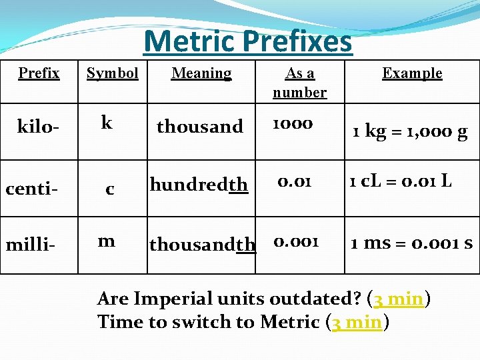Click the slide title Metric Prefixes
pyautogui.click(x=247, y=41)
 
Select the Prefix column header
pyautogui.click(x=39, y=73)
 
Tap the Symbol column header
pyautogui.click(x=112, y=73)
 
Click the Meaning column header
pyautogui.click(x=201, y=73)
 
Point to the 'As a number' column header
pyautogui.click(x=299, y=83)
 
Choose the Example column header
pyautogui.click(x=412, y=73)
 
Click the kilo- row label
pyautogui.click(x=39, y=127)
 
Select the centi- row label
pyautogui.click(x=31, y=189)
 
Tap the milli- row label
pyautogui.click(x=31, y=245)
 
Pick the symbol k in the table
pyautogui.click(x=106, y=122)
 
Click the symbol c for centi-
pyautogui.click(x=110, y=190)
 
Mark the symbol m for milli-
pyautogui.click(x=106, y=241)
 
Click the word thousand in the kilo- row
pyautogui.click(x=199, y=126)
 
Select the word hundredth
pyautogui.click(x=199, y=184)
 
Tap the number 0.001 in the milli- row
pyautogui.click(x=296, y=241)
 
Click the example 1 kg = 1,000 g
pyautogui.click(x=410, y=131)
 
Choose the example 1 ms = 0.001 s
pyautogui.click(x=411, y=243)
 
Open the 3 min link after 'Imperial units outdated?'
pyautogui.click(x=399, y=299)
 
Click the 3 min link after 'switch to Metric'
pyautogui.click(x=357, y=322)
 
